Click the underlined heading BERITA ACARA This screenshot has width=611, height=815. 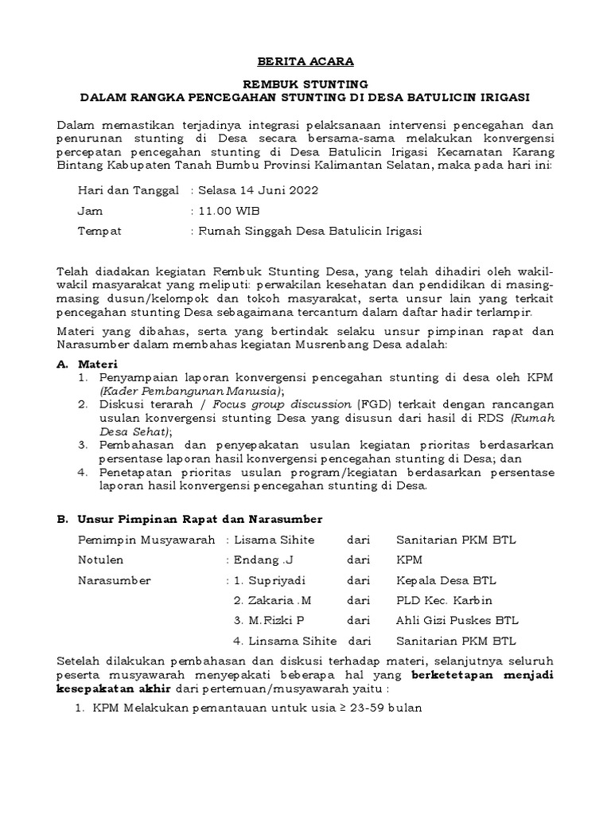[305, 61]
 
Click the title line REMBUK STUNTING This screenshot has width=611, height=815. [305, 84]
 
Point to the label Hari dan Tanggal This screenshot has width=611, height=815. [128, 191]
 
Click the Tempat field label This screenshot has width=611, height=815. [99, 231]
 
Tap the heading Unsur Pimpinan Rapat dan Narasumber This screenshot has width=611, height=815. [200, 519]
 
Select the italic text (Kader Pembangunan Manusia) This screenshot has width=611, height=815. [191, 391]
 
